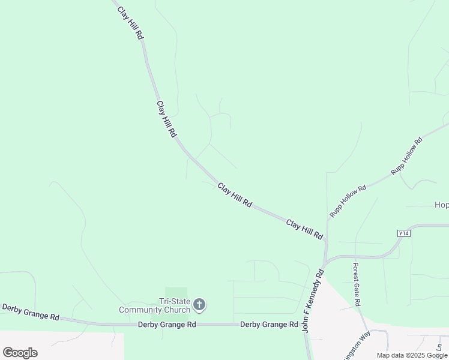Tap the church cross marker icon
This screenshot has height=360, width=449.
coord(200,305)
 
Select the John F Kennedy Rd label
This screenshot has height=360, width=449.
coord(313,301)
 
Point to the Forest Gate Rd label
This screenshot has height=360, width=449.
coord(356,284)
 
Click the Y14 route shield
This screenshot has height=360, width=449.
coord(403,233)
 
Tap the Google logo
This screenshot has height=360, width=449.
coord(20,352)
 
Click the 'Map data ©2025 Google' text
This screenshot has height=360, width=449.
coord(412,355)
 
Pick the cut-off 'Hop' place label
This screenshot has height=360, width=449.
coord(441,205)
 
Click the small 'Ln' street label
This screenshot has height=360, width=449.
coord(439,347)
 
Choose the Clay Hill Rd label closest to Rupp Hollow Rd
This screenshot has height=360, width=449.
coord(304,229)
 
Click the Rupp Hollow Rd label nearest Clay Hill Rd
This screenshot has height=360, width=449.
coord(348,201)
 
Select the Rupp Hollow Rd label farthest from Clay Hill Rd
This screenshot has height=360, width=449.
coord(407,156)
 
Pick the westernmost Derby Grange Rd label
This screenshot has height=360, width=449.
coord(31,312)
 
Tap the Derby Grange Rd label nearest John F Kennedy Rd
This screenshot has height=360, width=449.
coord(269,325)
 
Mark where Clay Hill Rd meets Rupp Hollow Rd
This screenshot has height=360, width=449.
coord(327,241)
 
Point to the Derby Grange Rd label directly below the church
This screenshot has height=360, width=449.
coord(167,325)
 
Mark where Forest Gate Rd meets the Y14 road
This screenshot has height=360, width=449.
coord(355,257)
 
